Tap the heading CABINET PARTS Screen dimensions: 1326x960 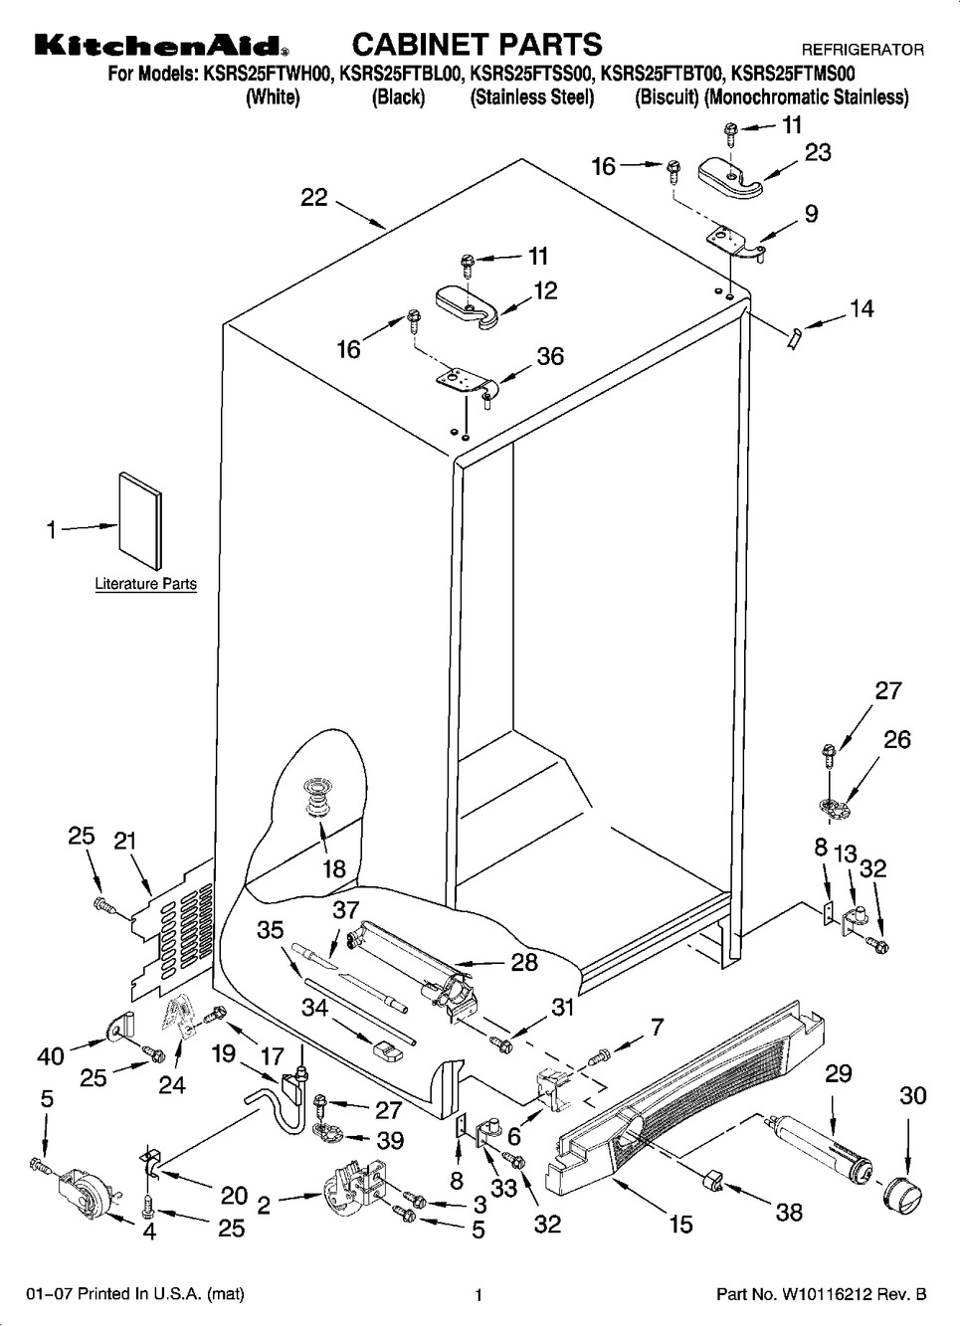[477, 44]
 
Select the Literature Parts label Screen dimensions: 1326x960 [145, 584]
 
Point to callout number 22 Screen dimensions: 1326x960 [314, 198]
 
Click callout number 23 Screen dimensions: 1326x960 [818, 153]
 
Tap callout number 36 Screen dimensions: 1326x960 [550, 356]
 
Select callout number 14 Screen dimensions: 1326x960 [862, 308]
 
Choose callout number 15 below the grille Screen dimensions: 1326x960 [680, 1223]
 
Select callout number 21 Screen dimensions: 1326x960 [125, 841]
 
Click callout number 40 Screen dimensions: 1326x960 [51, 1056]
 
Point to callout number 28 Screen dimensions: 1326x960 [524, 962]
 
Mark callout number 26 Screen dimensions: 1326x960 [897, 740]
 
